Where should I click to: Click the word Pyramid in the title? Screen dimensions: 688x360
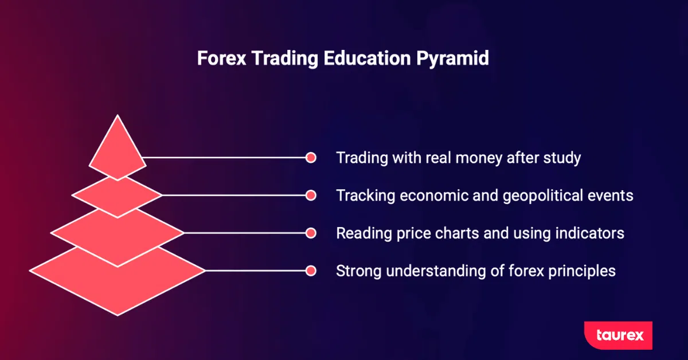click(452, 58)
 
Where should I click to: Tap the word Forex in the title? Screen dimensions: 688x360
click(221, 58)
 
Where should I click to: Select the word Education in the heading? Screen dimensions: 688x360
click(367, 58)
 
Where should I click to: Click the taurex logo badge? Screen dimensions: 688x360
click(618, 335)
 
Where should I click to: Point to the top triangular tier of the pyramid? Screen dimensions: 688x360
click(118, 151)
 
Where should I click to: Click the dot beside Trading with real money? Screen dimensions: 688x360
click(311, 158)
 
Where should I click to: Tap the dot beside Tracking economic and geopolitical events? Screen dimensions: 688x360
click(311, 195)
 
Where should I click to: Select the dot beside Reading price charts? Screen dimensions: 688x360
click(311, 233)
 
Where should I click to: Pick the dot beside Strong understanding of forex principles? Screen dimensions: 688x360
click(311, 271)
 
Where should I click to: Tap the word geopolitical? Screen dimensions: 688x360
click(543, 196)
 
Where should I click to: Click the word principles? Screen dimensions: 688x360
click(582, 272)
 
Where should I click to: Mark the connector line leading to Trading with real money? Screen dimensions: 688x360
click(224, 158)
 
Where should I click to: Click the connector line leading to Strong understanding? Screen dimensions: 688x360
click(255, 271)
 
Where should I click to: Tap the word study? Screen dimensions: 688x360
click(562, 158)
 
